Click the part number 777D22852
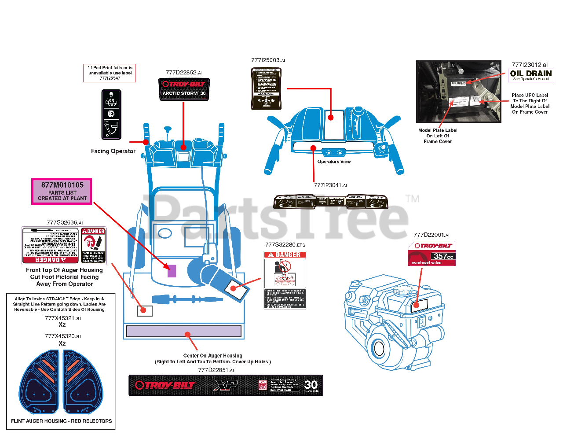click(183, 73)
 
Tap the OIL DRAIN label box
click(531, 75)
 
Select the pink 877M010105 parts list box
click(62, 192)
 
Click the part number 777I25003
click(268, 60)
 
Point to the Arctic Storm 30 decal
click(184, 89)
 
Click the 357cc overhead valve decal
click(431, 254)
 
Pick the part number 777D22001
click(431, 235)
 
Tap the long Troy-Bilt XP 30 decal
click(226, 385)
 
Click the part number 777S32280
click(285, 245)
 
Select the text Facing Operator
click(113, 151)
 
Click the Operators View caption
click(334, 162)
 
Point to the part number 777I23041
click(330, 185)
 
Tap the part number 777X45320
click(62, 336)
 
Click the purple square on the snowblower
click(172, 271)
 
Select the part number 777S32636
click(65, 223)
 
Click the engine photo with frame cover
click(458, 92)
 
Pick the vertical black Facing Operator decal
click(111, 114)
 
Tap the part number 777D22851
click(216, 370)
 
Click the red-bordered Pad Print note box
click(110, 73)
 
